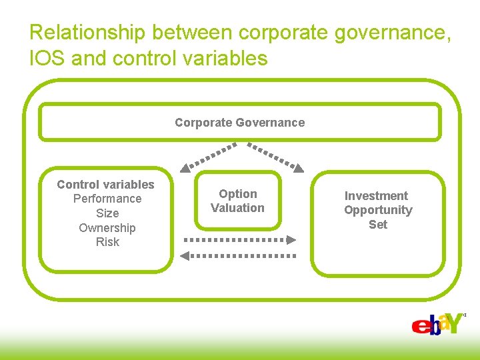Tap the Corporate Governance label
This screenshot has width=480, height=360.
[239, 123]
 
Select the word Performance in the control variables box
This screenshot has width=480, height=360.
[107, 199]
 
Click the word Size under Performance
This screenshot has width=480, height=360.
[107, 213]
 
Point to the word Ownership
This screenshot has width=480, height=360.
[107, 228]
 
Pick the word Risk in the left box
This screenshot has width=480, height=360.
[107, 242]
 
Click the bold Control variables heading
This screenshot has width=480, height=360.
[105, 185]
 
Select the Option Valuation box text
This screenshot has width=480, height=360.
[238, 201]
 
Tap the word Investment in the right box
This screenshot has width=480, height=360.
[376, 196]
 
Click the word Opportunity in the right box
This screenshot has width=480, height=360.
[378, 210]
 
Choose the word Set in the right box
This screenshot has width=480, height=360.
[378, 225]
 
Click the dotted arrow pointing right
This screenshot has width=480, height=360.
[239, 239]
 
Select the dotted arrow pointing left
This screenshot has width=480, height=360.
[238, 255]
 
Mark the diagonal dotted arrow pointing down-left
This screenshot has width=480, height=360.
[208, 155]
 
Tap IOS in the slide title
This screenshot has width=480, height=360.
[47, 59]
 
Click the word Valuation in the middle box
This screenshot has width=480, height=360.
[238, 208]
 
